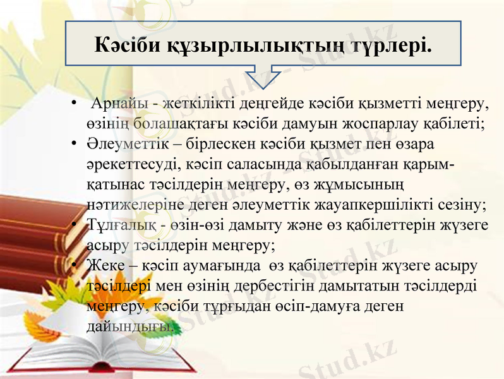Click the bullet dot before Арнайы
[x=74, y=102]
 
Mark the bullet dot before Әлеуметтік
[x=74, y=143]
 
